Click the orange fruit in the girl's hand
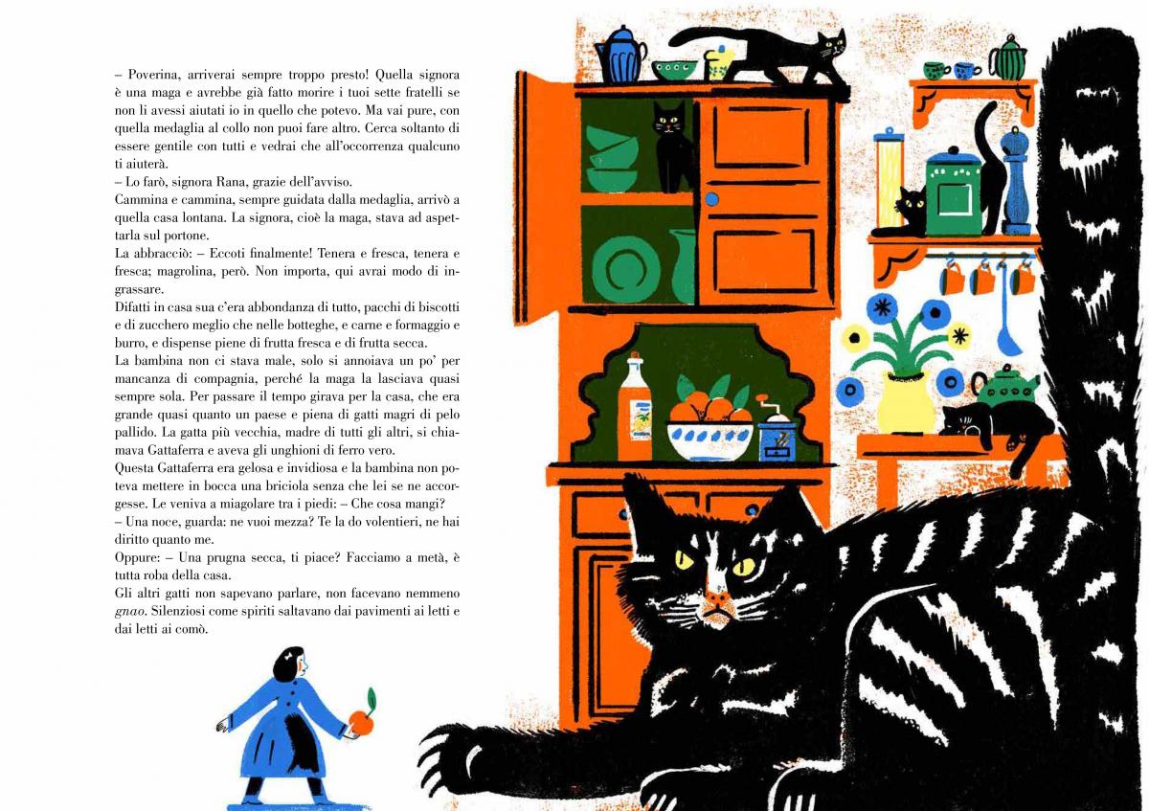click(362, 723)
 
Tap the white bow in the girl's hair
click(291, 654)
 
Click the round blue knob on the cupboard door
click(711, 199)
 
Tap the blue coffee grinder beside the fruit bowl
click(777, 430)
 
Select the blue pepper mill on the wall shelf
click(1017, 181)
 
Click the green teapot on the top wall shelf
click(1008, 58)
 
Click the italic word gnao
click(130, 612)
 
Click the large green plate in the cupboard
click(625, 269)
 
